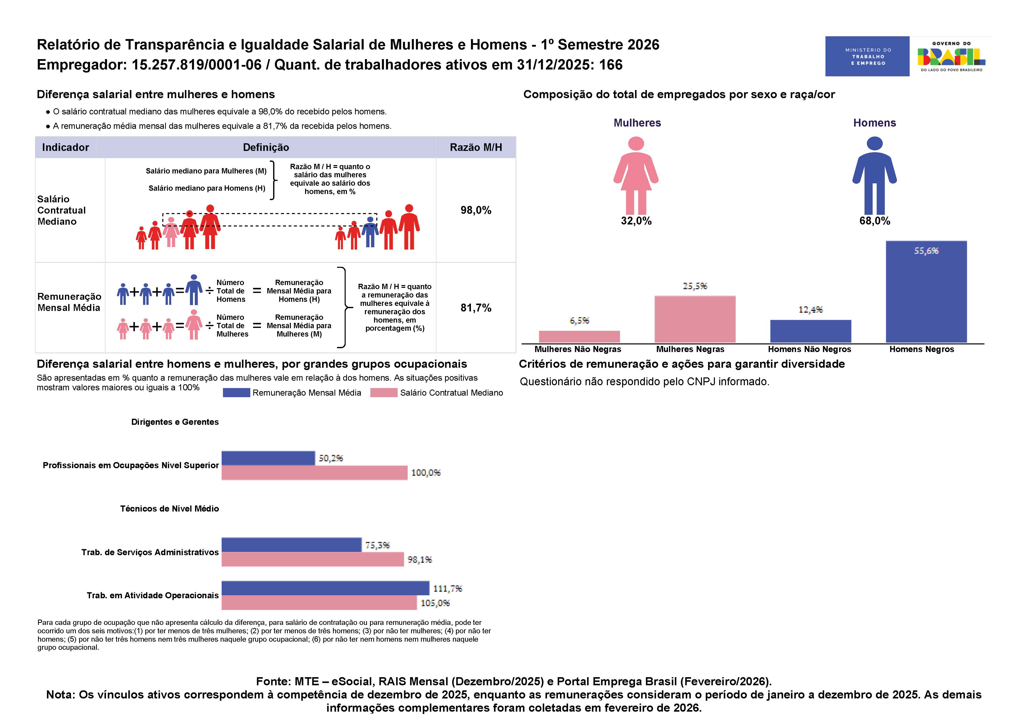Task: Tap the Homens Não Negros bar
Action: tap(810, 331)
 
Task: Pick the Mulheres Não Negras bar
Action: tap(579, 337)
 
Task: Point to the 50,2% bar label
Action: tap(331, 458)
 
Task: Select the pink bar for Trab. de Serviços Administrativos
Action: tap(312, 559)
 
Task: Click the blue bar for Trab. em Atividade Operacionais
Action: tap(325, 588)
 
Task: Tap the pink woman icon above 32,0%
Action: tap(636, 176)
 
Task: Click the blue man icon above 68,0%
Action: tap(875, 176)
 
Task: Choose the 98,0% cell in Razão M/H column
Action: tap(476, 210)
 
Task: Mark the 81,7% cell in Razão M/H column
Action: tap(476, 308)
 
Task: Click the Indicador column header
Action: tap(65, 147)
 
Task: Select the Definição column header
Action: tap(266, 147)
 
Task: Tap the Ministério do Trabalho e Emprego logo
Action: tap(867, 56)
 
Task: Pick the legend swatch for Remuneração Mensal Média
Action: tap(236, 393)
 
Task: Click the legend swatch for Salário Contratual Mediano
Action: tap(384, 393)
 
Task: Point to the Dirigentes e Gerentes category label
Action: tap(175, 422)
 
